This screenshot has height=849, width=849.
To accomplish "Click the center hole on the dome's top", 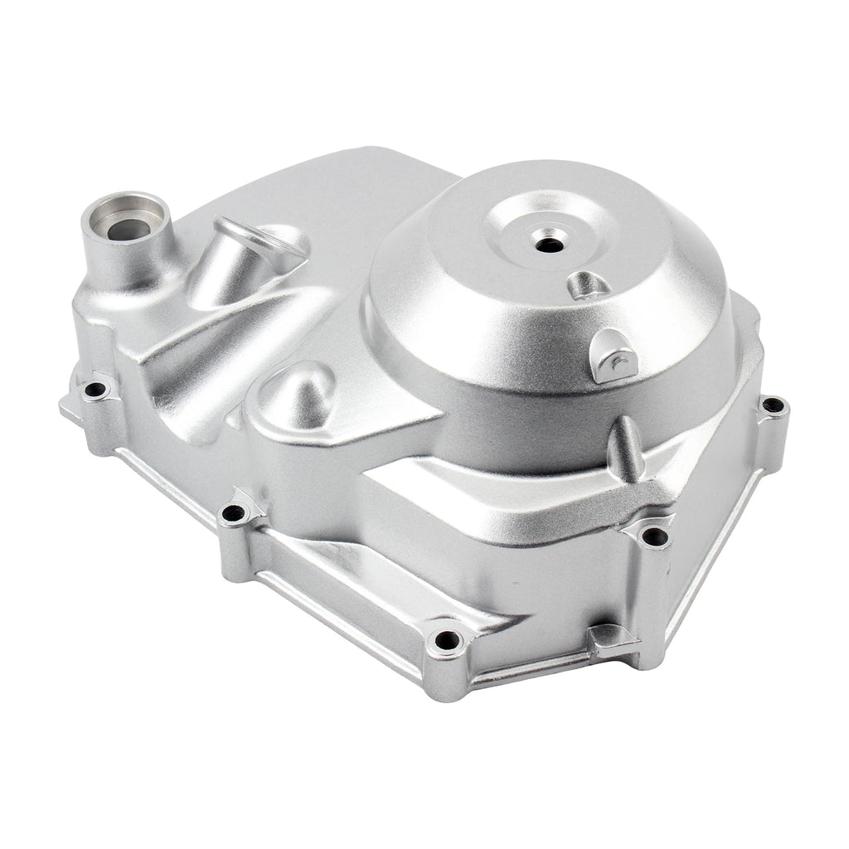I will pyautogui.click(x=548, y=245).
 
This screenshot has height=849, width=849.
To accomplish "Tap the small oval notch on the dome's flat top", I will pyautogui.click(x=589, y=284).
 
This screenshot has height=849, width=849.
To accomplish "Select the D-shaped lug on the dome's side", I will pyautogui.click(x=611, y=357).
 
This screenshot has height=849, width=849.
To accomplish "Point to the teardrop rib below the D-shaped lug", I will pyautogui.click(x=625, y=448).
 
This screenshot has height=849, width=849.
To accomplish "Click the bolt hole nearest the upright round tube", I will pyautogui.click(x=95, y=389).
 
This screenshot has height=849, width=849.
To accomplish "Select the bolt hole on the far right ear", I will pyautogui.click(x=773, y=405).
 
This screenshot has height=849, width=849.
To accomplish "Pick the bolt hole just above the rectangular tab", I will pyautogui.click(x=655, y=536).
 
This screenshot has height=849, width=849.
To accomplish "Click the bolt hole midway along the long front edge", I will pyautogui.click(x=234, y=514).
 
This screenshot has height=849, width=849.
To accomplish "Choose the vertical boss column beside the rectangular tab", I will pyautogui.click(x=651, y=597).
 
